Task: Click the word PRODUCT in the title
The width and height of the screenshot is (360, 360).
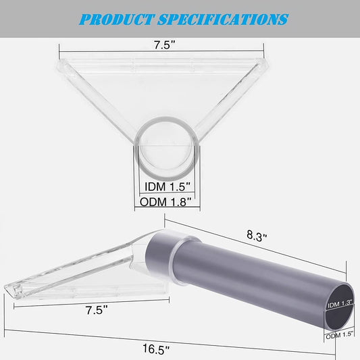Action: [x=117, y=20]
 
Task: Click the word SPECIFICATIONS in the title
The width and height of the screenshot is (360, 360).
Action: [x=223, y=20]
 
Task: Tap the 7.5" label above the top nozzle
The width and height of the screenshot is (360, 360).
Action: [x=165, y=45]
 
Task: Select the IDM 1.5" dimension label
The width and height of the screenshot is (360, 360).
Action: [x=168, y=186]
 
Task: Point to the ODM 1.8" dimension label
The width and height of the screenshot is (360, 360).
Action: [x=165, y=202]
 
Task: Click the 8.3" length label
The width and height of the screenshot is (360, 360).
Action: [x=257, y=236]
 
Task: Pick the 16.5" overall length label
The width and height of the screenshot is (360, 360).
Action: [x=156, y=349]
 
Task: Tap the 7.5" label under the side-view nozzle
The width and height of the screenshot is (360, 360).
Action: [x=97, y=310]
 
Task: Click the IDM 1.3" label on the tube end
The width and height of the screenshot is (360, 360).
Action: [x=340, y=304]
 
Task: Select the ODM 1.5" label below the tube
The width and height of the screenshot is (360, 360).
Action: [x=339, y=336]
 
